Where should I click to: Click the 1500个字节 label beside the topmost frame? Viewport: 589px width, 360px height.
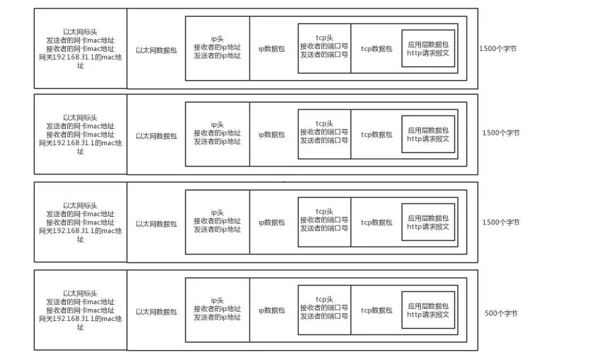pyautogui.click(x=499, y=50)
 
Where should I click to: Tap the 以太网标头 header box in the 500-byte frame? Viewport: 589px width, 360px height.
pyautogui.click(x=80, y=310)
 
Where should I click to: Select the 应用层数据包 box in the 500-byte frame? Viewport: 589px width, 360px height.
pyautogui.click(x=428, y=310)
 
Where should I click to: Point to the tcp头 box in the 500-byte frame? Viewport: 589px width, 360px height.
pyautogui.click(x=324, y=309)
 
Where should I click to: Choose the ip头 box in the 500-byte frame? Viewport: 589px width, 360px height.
pyautogui.click(x=217, y=309)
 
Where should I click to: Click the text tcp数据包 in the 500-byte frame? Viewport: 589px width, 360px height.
pyautogui.click(x=376, y=310)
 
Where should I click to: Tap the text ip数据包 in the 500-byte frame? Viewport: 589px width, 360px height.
pyautogui.click(x=271, y=310)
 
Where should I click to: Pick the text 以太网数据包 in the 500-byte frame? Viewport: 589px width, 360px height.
pyautogui.click(x=156, y=311)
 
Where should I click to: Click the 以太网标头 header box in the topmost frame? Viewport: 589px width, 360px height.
pyautogui.click(x=80, y=48)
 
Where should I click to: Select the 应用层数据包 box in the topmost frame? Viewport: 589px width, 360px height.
pyautogui.click(x=428, y=48)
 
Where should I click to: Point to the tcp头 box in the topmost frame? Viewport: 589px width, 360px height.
pyautogui.click(x=324, y=47)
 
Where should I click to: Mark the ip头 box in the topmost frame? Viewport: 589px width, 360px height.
pyautogui.click(x=217, y=47)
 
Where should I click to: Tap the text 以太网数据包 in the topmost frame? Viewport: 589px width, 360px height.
pyautogui.click(x=156, y=50)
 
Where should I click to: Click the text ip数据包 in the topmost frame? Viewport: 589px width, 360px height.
pyautogui.click(x=271, y=50)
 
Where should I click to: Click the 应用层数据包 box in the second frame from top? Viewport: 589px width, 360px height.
pyautogui.click(x=428, y=135)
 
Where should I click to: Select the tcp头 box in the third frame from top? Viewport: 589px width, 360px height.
pyautogui.click(x=324, y=221)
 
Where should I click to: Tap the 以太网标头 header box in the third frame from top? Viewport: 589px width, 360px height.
pyautogui.click(x=80, y=222)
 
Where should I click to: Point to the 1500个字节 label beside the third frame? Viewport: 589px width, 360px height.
pyautogui.click(x=501, y=222)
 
